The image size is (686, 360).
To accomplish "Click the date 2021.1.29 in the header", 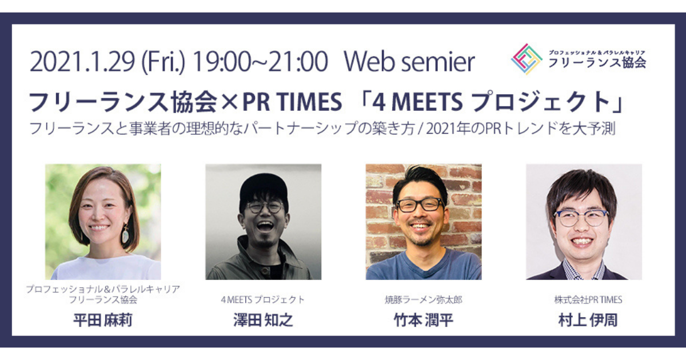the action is [82, 62].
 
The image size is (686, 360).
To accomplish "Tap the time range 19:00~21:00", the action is [260, 62].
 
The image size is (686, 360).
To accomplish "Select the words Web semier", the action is [409, 62].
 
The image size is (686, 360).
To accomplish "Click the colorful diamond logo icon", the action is [527, 59].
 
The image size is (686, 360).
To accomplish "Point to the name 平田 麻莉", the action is [103, 321].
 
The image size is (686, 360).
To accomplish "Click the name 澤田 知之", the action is [264, 321].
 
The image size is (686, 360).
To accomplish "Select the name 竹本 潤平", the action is [424, 321].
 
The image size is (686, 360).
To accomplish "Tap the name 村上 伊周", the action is [588, 321].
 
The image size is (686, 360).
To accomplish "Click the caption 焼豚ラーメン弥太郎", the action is [424, 299].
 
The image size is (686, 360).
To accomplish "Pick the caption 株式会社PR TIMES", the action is [588, 299].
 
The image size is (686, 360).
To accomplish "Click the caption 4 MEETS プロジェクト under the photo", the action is [263, 299].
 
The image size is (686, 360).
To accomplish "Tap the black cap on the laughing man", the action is [264, 187].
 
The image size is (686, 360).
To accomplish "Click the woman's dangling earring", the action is [125, 234].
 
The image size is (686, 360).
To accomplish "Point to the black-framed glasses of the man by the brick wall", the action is [421, 205].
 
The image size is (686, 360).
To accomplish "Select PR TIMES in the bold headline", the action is [292, 102].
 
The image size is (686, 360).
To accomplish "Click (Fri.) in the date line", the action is [163, 62].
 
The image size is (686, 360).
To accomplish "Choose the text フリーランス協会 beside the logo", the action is [597, 63].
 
